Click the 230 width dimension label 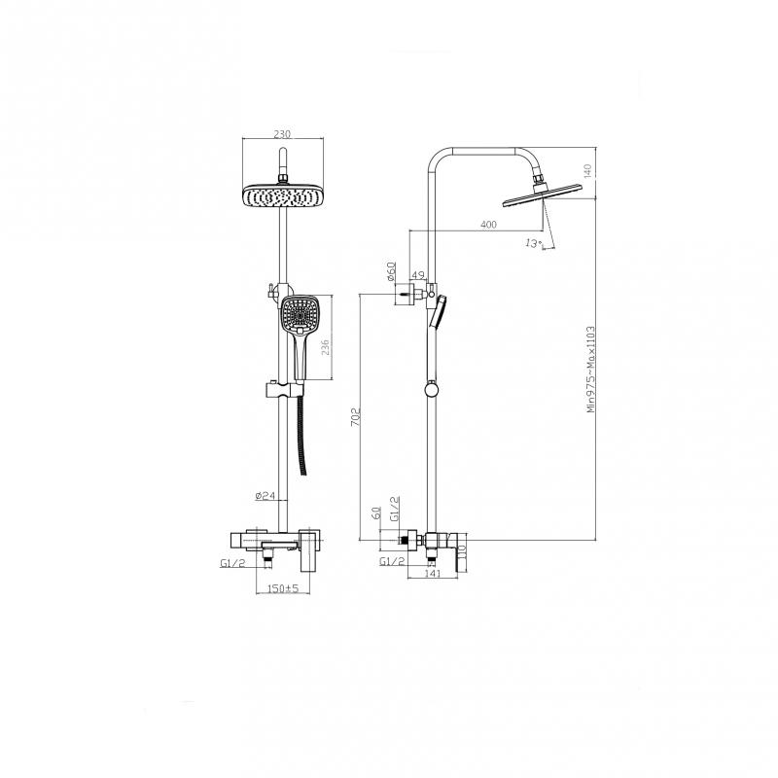tap(282, 134)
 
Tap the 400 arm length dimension tap(489, 225)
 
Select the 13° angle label tap(532, 244)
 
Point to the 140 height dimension tap(588, 171)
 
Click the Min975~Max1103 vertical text tap(590, 370)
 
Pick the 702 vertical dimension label tap(355, 417)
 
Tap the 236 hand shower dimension tap(325, 347)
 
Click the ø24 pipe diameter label tap(265, 495)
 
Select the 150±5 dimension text tap(283, 588)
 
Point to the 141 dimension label tap(433, 574)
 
